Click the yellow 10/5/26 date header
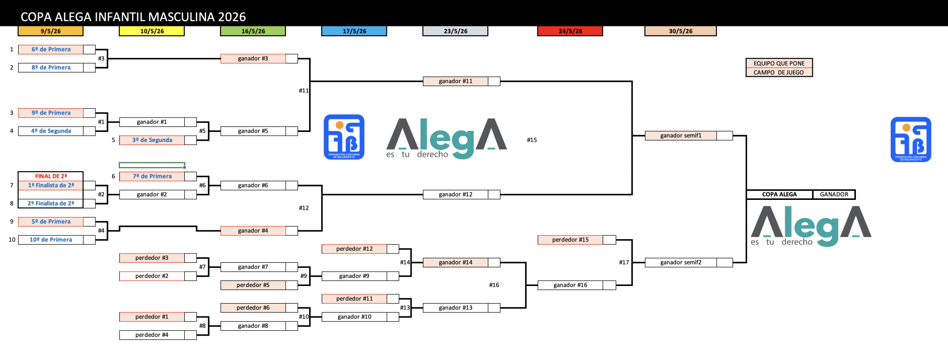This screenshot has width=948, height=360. (x=152, y=31)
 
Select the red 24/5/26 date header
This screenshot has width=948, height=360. (x=570, y=31)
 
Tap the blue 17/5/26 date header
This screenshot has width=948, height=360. (x=354, y=31)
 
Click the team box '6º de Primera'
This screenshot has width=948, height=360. (x=51, y=50)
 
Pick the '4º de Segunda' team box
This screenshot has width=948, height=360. (x=51, y=131)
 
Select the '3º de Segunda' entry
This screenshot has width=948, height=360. (x=152, y=140)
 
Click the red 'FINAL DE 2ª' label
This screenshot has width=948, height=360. (x=51, y=176)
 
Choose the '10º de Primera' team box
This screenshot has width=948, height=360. (x=51, y=240)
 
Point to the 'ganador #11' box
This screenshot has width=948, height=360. (x=455, y=81)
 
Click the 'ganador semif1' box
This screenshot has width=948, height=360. (x=680, y=136)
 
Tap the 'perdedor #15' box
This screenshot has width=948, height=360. (x=570, y=240)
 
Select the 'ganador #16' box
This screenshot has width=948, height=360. (x=570, y=285)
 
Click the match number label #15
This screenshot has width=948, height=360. (x=532, y=140)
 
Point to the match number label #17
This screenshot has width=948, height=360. (x=624, y=262)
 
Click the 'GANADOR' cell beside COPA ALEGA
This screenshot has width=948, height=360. (x=834, y=194)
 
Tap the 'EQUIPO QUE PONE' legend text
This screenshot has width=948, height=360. (x=779, y=63)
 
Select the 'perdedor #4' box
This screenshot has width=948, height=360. (x=152, y=335)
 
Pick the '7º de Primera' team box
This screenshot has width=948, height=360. (x=152, y=176)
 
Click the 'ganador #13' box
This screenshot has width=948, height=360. (x=455, y=308)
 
